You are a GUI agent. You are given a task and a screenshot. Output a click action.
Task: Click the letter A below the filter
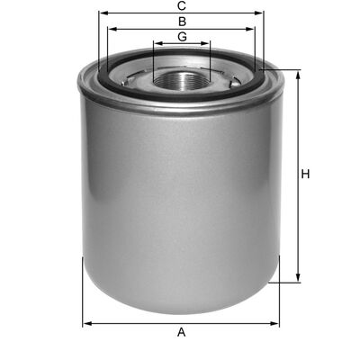[x=182, y=333]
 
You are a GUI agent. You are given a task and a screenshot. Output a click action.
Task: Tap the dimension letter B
[x=182, y=20]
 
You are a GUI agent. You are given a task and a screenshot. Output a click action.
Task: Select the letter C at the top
[x=182, y=6]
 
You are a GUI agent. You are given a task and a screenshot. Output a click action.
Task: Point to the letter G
[x=182, y=36]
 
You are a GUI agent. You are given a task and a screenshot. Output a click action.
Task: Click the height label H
[x=306, y=174]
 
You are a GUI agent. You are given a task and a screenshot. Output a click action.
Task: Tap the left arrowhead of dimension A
[x=85, y=322]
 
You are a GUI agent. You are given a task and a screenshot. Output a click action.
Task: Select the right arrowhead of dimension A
[x=277, y=322]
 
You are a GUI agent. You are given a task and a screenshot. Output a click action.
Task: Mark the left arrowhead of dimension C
[x=102, y=13]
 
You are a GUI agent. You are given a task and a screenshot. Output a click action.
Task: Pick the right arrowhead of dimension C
[x=262, y=13]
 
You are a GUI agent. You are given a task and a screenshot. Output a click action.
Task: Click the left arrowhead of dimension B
[x=111, y=27]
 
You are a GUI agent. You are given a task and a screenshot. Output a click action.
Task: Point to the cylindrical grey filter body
[x=180, y=198]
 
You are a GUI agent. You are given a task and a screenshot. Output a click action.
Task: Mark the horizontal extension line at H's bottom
[x=286, y=281]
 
